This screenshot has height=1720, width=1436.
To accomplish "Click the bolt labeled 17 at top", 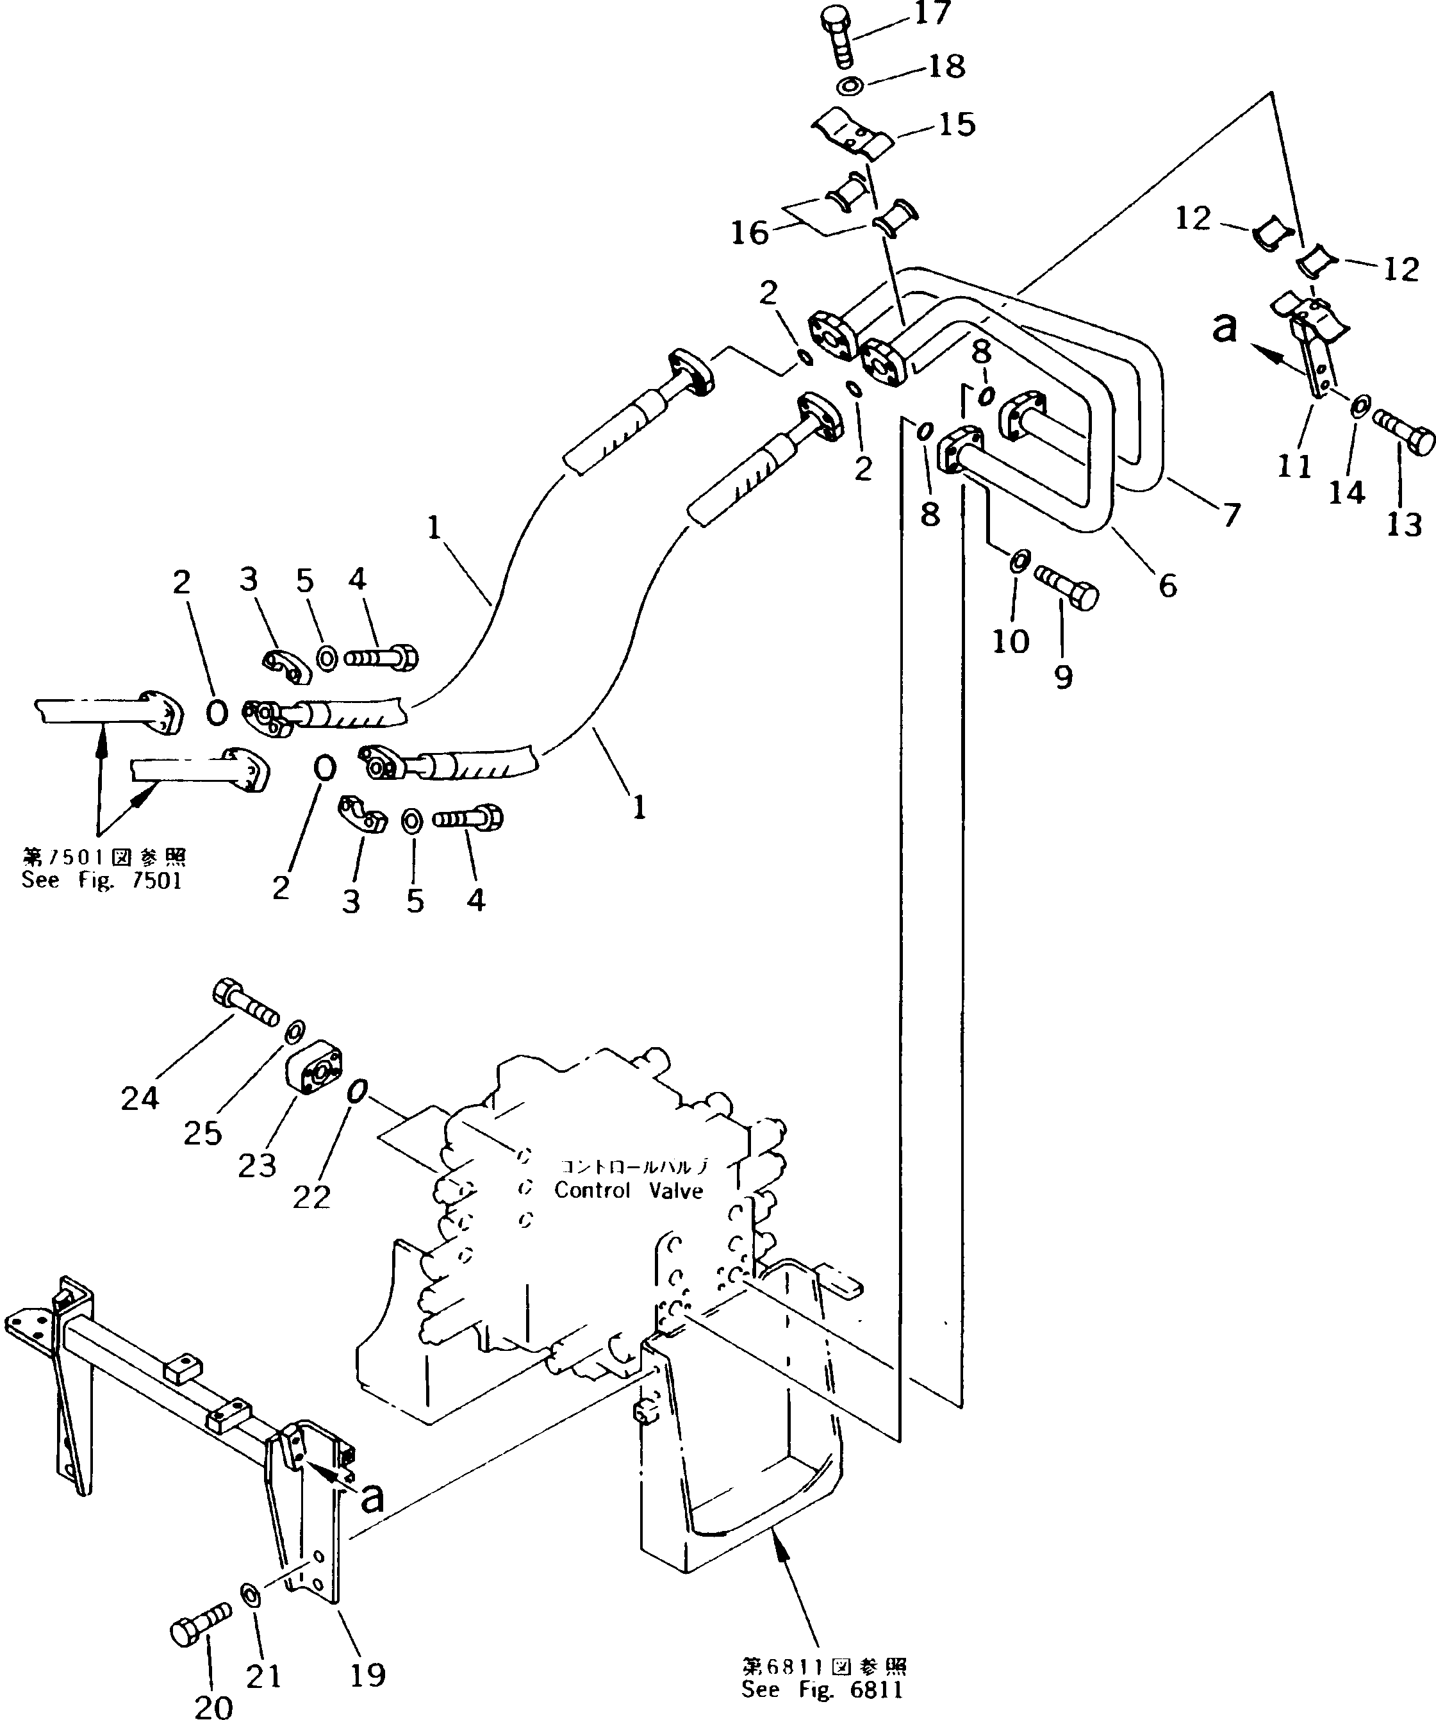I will click(836, 38).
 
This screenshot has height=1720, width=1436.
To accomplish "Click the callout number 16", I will click(750, 233).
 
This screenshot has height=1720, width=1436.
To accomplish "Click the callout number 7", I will click(1230, 515).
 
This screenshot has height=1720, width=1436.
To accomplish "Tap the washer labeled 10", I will click(1019, 562).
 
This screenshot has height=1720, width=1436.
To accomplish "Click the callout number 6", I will click(1168, 586).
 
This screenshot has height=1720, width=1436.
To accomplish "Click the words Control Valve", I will click(629, 1191).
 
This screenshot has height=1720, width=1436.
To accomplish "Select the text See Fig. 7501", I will click(102, 881).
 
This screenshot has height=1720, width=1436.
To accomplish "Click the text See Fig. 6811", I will click(822, 1690).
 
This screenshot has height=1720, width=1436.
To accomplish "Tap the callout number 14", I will click(1347, 492).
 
